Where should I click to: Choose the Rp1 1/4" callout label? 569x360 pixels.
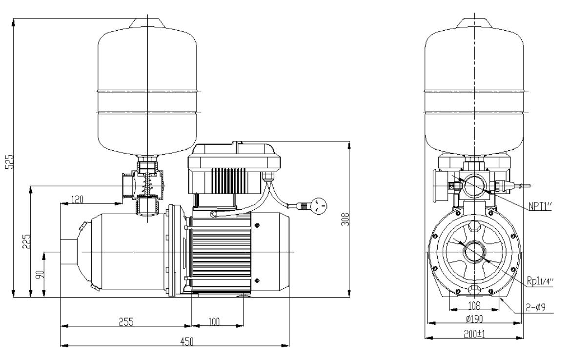(x=541, y=281)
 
